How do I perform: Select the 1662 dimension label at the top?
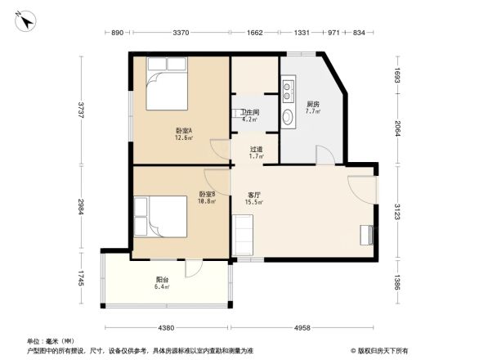click(x=254, y=33)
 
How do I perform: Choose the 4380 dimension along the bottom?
click(x=166, y=328)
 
